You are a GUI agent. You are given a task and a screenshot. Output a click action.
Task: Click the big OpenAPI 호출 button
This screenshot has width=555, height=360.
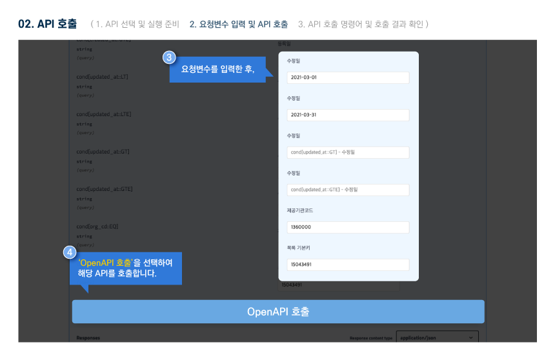click(x=277, y=312)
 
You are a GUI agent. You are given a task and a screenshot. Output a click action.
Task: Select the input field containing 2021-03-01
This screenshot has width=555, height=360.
click(x=348, y=77)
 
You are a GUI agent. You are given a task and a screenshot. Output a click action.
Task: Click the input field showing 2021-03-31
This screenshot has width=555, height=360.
click(x=348, y=115)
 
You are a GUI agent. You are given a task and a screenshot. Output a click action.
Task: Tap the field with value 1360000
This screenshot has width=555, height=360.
click(x=348, y=227)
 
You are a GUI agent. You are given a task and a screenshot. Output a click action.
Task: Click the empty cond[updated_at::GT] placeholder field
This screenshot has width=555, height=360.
click(x=348, y=152)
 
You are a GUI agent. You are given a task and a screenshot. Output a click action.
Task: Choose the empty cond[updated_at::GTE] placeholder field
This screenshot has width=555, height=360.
click(x=348, y=190)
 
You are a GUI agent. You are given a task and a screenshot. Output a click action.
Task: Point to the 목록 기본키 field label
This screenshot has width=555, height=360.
click(x=299, y=248)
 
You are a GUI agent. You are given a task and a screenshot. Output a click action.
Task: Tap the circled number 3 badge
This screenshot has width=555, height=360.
click(x=169, y=57)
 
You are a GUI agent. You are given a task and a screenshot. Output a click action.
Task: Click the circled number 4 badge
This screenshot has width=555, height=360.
click(x=70, y=253)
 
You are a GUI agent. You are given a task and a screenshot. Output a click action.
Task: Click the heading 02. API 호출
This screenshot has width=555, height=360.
click(x=47, y=24)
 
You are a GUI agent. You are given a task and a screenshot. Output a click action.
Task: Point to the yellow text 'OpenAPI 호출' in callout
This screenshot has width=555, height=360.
click(x=105, y=263)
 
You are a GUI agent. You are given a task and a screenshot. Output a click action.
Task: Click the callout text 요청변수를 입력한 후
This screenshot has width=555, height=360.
click(x=217, y=70)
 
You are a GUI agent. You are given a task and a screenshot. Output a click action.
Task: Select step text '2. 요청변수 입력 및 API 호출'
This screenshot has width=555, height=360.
click(x=238, y=25)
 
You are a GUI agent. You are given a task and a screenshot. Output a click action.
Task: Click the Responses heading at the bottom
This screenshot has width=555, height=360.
click(x=88, y=337)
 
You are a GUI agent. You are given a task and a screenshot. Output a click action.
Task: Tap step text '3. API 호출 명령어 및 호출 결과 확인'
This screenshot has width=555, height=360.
click(x=363, y=25)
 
